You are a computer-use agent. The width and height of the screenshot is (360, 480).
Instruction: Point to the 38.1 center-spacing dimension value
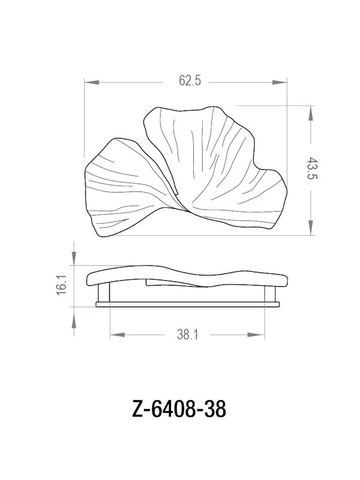click(x=188, y=335)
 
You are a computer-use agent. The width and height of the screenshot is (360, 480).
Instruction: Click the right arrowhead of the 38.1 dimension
click(x=265, y=335)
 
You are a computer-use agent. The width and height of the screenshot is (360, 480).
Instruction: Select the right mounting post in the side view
click(x=271, y=295)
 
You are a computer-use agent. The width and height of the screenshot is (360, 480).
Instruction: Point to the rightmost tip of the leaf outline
click(x=287, y=187)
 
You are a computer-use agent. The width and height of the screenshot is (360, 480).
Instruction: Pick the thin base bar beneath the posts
click(x=188, y=304)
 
